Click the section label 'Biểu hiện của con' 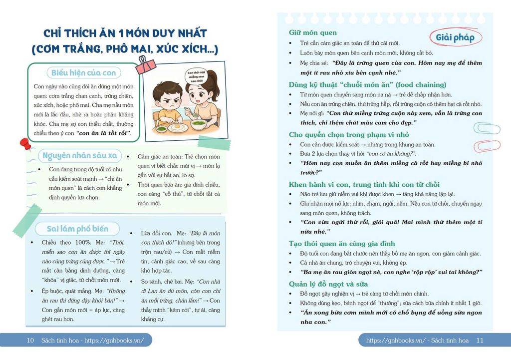pyautogui.click(x=83, y=73)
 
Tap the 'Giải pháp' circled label pyautogui.click(x=455, y=38)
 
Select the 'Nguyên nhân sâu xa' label pyautogui.click(x=80, y=156)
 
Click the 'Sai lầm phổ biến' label pyautogui.click(x=77, y=229)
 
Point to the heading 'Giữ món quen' pyautogui.click(x=312, y=32)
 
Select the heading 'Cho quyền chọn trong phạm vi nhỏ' pyautogui.click(x=349, y=134)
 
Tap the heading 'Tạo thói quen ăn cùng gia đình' pyautogui.click(x=342, y=243)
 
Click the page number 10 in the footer pyautogui.click(x=30, y=341)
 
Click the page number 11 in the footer pyautogui.click(x=480, y=341)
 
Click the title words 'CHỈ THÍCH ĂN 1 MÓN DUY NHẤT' pyautogui.click(x=125, y=33)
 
